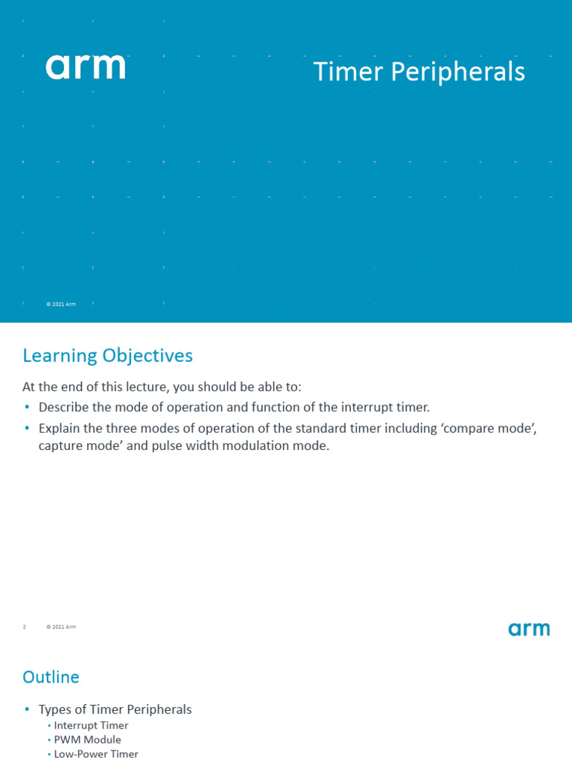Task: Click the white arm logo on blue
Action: click(x=85, y=67)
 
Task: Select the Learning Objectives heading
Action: click(x=107, y=356)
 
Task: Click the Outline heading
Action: click(x=51, y=677)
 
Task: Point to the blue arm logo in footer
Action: click(x=529, y=630)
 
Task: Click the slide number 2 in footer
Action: click(x=25, y=627)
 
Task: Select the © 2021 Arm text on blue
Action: click(x=61, y=304)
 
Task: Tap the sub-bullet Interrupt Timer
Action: click(x=91, y=725)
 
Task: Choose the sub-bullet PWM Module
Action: click(x=87, y=740)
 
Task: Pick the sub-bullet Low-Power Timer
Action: click(x=96, y=754)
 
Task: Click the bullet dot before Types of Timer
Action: click(x=28, y=709)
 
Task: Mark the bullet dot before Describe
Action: click(x=28, y=407)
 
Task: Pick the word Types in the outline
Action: click(x=54, y=709)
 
